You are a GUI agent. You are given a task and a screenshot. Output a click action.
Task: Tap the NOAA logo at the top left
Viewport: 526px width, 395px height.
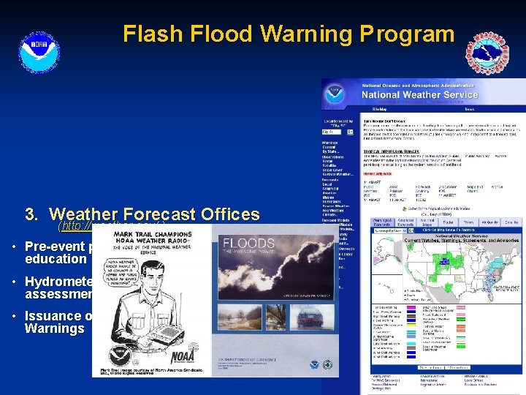click(35, 49)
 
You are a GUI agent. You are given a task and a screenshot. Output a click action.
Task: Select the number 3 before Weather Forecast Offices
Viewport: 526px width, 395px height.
click(31, 214)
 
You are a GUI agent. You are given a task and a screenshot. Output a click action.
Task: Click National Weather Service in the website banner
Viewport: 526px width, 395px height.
click(420, 94)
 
